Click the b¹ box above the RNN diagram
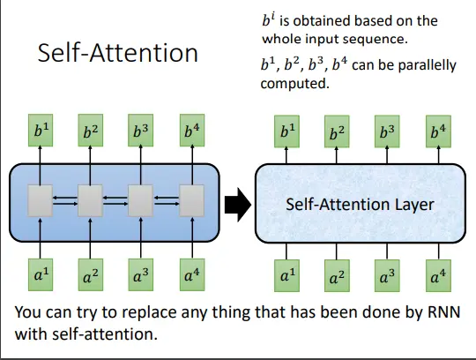pyautogui.click(x=41, y=131)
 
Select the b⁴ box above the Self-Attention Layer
pyautogui.click(x=438, y=131)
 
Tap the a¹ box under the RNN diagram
pyautogui.click(x=41, y=274)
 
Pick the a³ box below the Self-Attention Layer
pyautogui.click(x=387, y=276)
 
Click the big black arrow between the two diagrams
pyautogui.click(x=238, y=205)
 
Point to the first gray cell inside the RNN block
pyautogui.click(x=40, y=201)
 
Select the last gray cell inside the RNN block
pyautogui.click(x=192, y=201)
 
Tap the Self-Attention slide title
pyautogui.click(x=118, y=53)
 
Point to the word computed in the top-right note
pyautogui.click(x=294, y=84)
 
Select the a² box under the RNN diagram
pyautogui.click(x=91, y=274)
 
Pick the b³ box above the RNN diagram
pyautogui.click(x=140, y=131)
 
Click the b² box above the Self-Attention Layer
pyautogui.click(x=337, y=131)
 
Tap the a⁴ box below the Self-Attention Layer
pyautogui.click(x=438, y=276)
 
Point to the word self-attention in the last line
pyautogui.click(x=105, y=334)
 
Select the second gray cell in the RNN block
pyautogui.click(x=90, y=201)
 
